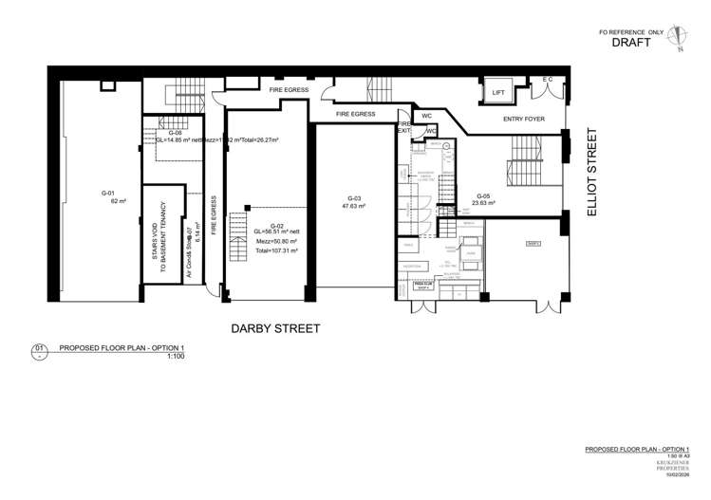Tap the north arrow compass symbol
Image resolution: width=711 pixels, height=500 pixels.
click(x=675, y=37)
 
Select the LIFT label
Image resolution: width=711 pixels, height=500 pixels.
click(x=497, y=92)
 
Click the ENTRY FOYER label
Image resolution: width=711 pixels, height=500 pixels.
click(x=524, y=120)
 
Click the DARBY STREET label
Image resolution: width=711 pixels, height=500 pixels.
click(x=276, y=328)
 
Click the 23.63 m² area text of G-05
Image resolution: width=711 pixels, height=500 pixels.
click(x=482, y=202)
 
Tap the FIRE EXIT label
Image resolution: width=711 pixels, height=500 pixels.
click(x=403, y=126)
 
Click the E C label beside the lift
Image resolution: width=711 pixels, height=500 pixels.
click(x=547, y=80)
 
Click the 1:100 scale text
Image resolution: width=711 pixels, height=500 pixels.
click(x=175, y=358)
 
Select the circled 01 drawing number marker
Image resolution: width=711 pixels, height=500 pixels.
click(x=40, y=349)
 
